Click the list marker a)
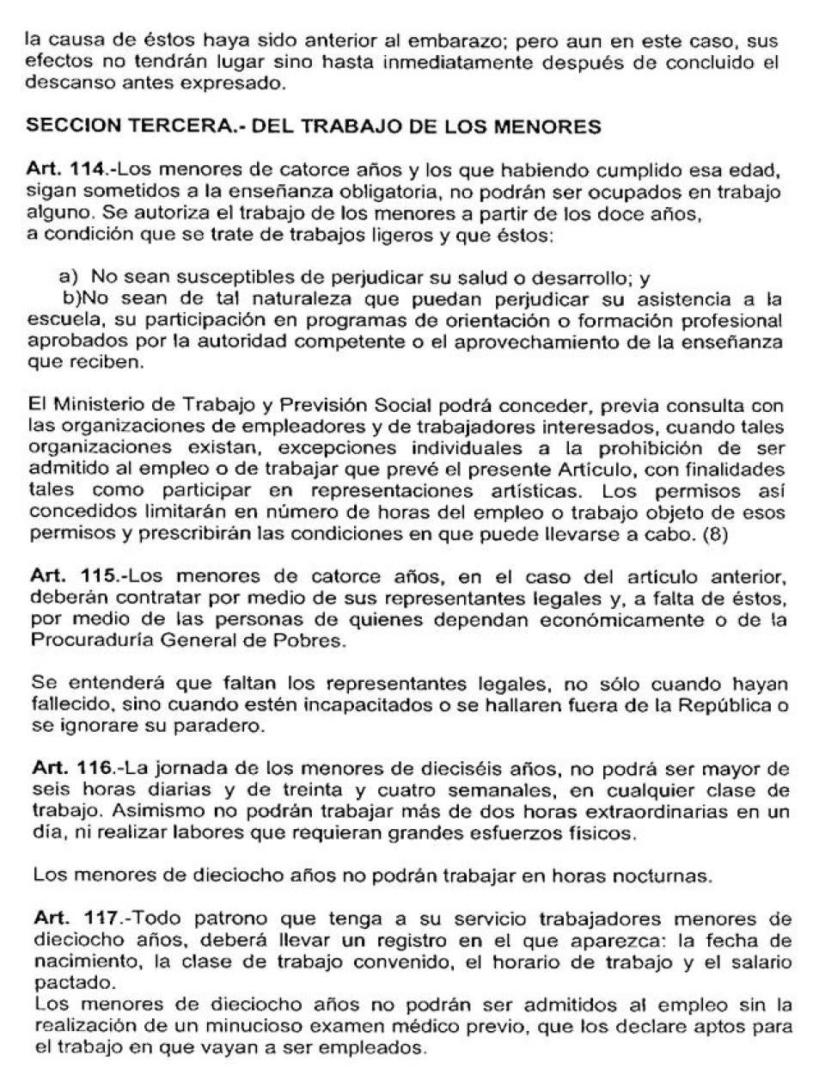point(68,279)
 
